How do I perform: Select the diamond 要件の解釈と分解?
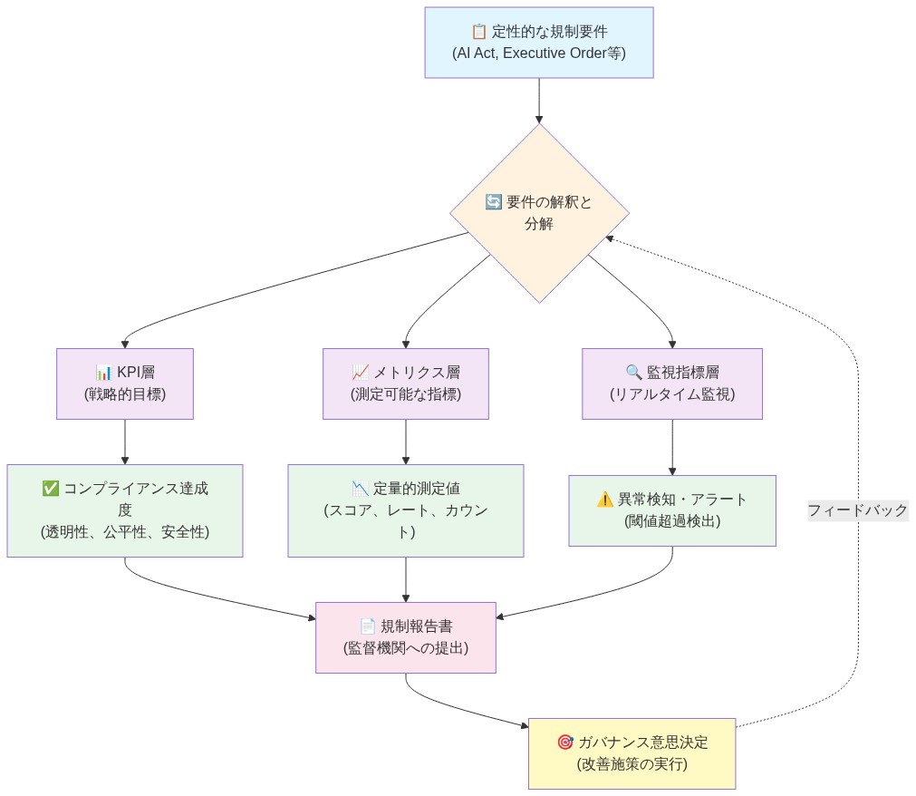click(539, 213)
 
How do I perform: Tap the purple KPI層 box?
click(125, 383)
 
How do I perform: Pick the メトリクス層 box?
click(405, 383)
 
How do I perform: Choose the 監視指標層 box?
click(671, 383)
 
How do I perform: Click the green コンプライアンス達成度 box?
click(125, 510)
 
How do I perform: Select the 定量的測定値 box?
click(405, 510)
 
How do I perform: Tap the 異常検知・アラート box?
click(671, 510)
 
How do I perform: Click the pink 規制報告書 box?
click(405, 637)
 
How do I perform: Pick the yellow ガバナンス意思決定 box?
click(632, 753)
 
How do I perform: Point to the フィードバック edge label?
click(857, 510)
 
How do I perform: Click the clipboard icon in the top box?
click(479, 32)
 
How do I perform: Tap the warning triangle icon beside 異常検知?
click(605, 500)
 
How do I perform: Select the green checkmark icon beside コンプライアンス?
click(51, 489)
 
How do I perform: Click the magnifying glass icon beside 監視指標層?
click(633, 373)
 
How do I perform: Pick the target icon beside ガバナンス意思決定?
click(565, 743)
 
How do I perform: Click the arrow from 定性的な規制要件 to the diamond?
click(539, 101)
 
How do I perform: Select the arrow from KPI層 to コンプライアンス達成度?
click(125, 442)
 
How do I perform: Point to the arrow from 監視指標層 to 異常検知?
click(671, 447)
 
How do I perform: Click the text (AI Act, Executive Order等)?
click(539, 53)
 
